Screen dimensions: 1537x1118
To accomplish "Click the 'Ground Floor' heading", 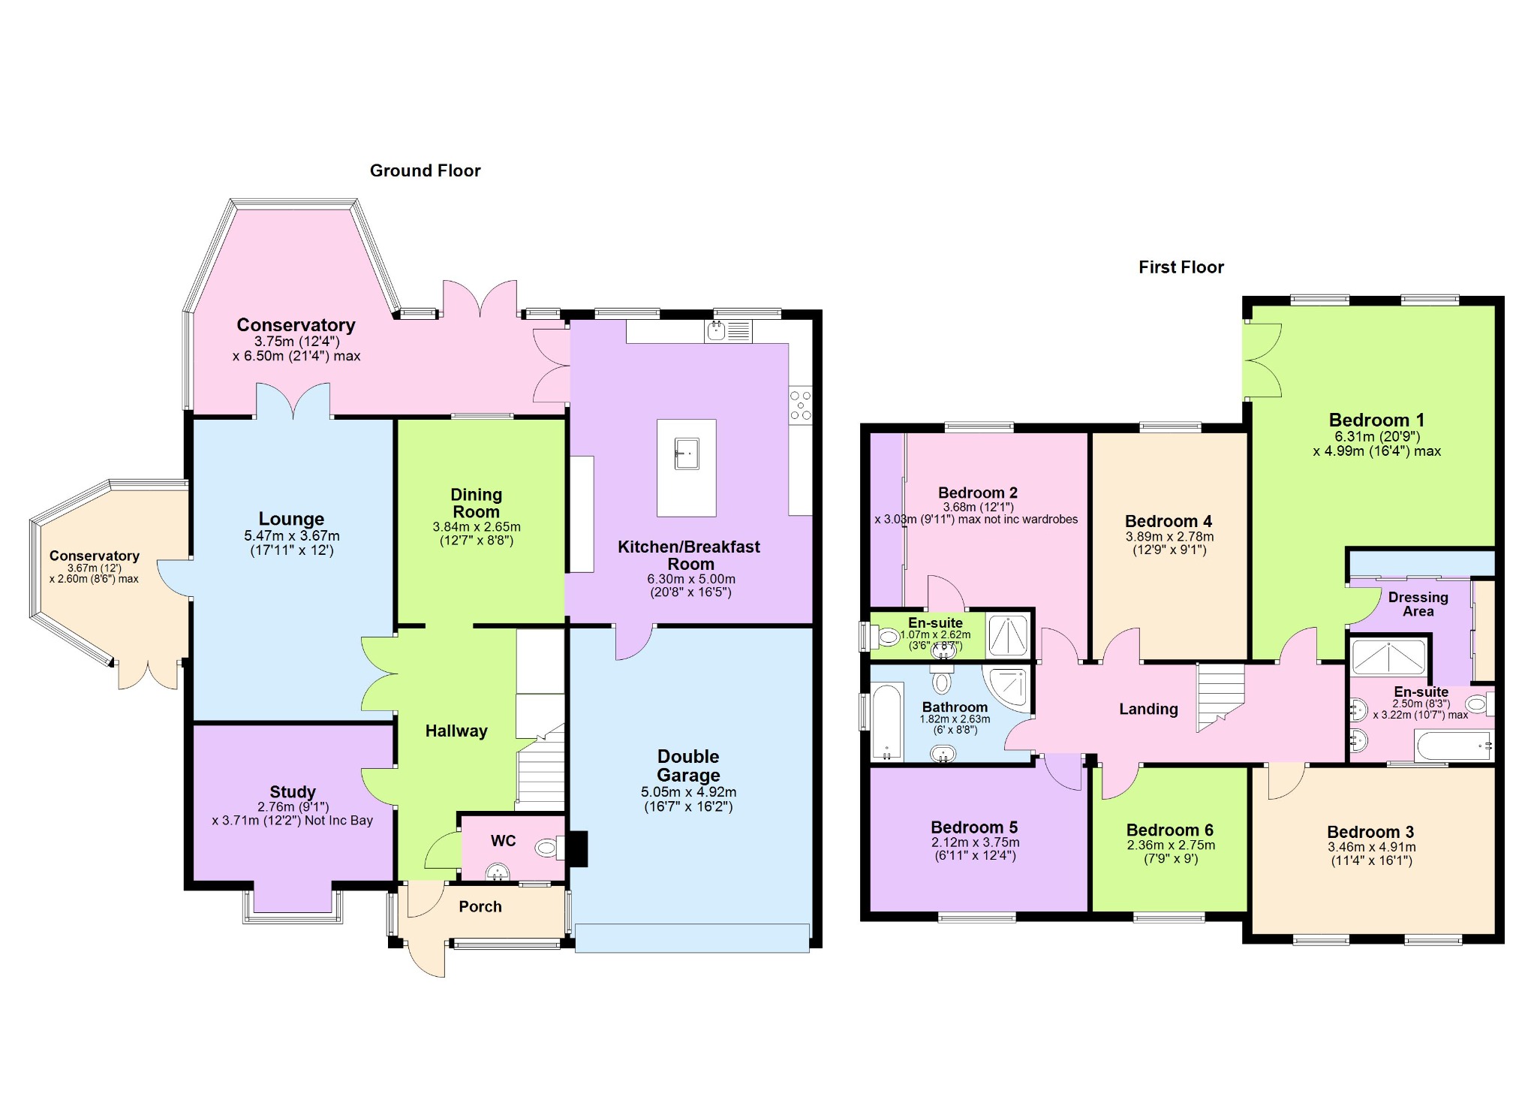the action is [425, 171].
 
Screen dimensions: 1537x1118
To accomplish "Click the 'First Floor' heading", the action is [1181, 267].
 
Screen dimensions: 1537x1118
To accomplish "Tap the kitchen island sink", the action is [686, 454].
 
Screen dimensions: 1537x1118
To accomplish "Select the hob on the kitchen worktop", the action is [800, 405].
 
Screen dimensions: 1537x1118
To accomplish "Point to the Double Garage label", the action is [688, 766].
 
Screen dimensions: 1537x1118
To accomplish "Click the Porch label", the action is [480, 907].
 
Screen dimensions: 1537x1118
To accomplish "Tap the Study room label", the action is [293, 792].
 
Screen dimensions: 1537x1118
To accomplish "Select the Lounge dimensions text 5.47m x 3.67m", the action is [292, 536].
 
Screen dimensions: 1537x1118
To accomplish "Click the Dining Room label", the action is [476, 503].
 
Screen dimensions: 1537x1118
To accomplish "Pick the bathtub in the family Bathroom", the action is [887, 722].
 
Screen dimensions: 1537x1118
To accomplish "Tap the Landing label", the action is [1148, 710].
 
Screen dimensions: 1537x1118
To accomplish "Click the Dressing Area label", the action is [1418, 604].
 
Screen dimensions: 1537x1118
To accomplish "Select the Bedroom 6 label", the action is [1169, 830].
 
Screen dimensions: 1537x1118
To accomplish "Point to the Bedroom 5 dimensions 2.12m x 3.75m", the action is [975, 842].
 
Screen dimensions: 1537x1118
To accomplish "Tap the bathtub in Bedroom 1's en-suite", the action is [1454, 746].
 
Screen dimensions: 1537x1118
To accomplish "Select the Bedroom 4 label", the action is [1168, 521].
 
